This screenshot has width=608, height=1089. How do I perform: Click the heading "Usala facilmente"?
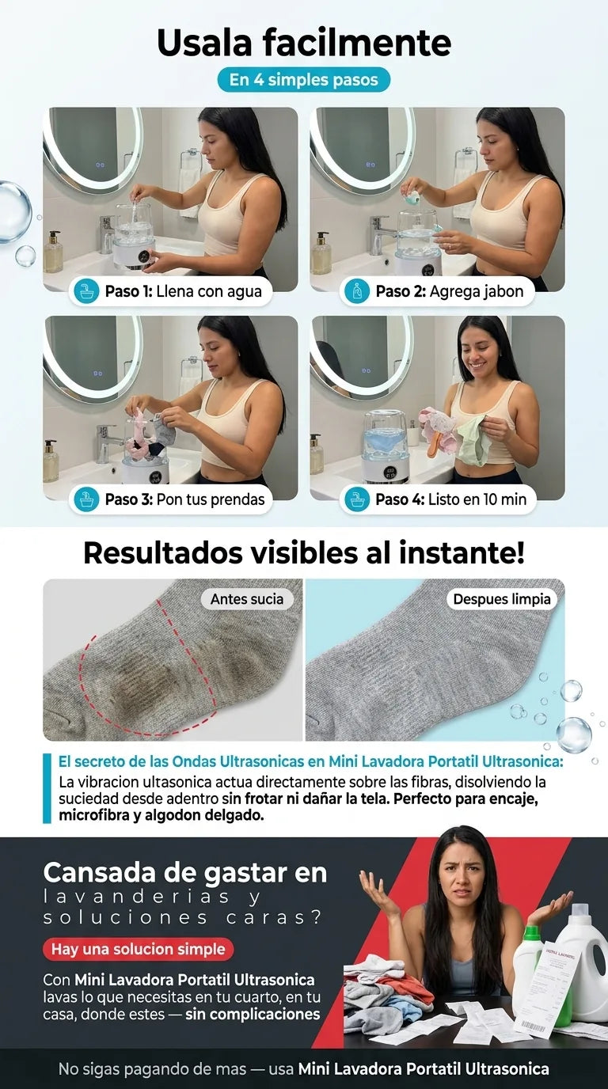[x=304, y=43]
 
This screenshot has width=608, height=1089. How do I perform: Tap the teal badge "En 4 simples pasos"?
[x=304, y=80]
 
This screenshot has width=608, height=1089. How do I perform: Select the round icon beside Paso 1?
[x=86, y=291]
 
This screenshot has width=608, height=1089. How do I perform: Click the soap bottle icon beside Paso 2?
[x=357, y=291]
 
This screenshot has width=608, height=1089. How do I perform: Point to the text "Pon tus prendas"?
[x=211, y=499]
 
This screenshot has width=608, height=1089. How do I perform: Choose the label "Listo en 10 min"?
[x=477, y=499]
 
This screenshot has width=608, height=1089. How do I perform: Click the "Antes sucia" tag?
[x=247, y=599]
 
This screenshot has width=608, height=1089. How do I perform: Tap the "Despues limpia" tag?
[x=502, y=599]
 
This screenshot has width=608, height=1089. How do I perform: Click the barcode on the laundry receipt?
[x=534, y=1026]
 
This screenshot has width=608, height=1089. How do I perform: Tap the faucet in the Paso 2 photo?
[x=381, y=233]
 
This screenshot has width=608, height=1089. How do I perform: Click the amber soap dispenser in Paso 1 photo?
[x=52, y=252]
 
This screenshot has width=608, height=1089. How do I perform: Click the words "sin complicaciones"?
[x=253, y=1014]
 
